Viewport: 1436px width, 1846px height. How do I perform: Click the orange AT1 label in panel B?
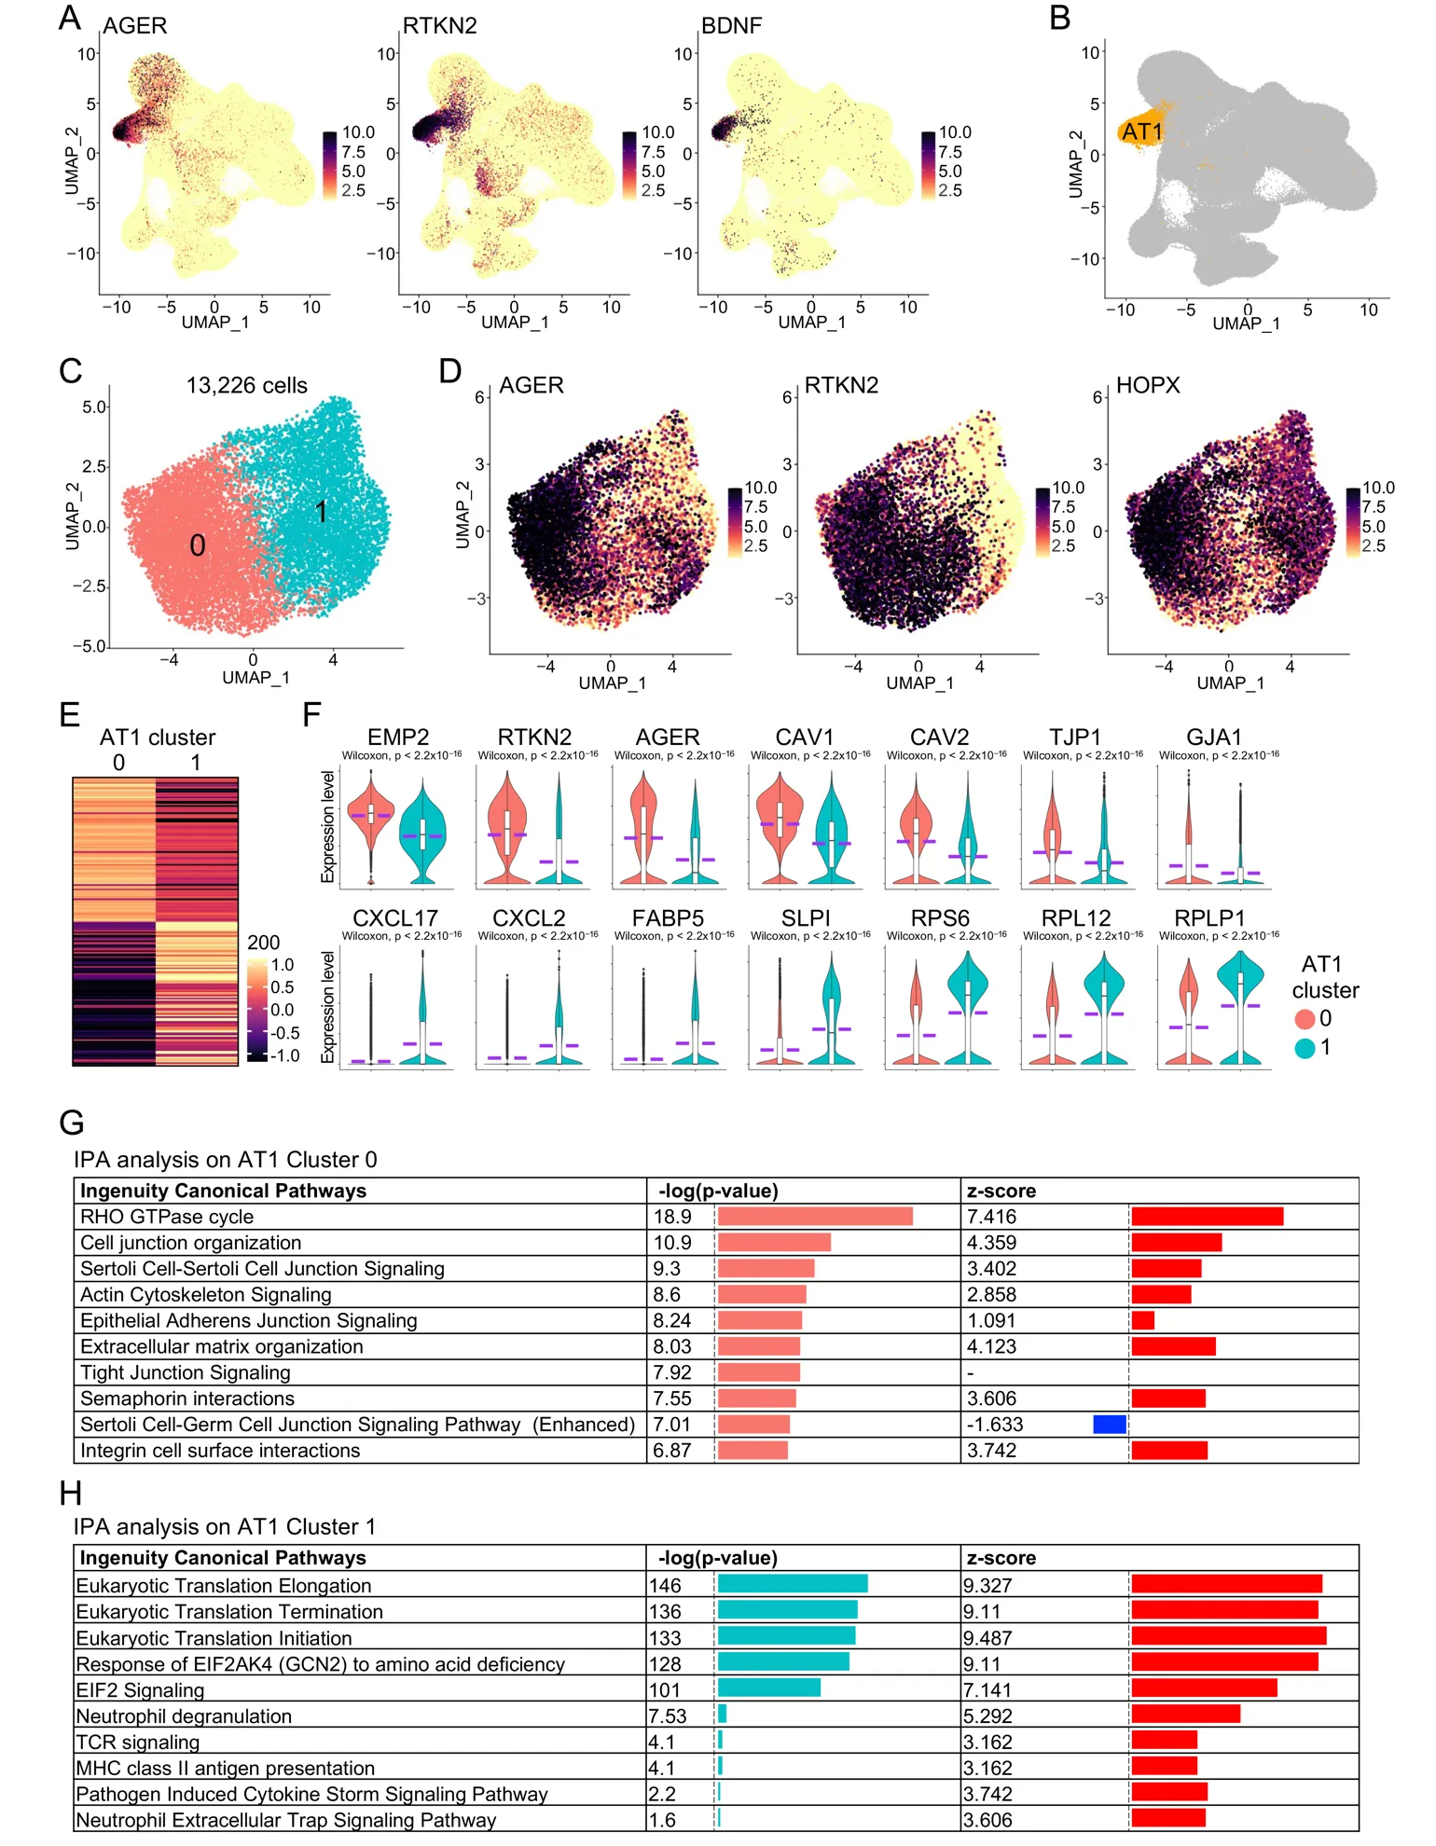click(x=1141, y=131)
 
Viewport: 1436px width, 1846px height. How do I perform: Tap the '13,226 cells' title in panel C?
click(x=246, y=385)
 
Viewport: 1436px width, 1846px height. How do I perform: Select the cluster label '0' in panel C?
click(x=197, y=545)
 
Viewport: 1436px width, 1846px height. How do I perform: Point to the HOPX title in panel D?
click(x=1147, y=385)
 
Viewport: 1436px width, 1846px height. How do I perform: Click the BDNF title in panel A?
click(x=731, y=26)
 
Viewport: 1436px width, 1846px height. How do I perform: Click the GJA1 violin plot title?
click(x=1213, y=737)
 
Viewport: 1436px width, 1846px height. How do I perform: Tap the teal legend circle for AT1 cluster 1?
click(x=1305, y=1048)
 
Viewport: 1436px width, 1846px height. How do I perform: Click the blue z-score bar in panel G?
click(x=1110, y=1424)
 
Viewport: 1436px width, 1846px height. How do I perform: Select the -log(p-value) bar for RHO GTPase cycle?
click(x=815, y=1217)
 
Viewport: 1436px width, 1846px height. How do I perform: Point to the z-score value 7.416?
click(x=991, y=1217)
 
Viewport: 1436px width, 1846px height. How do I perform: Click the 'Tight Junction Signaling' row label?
click(x=186, y=1372)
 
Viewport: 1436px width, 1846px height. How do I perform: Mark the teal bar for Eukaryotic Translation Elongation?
click(x=793, y=1584)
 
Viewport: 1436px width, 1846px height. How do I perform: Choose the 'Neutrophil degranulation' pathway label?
click(x=184, y=1716)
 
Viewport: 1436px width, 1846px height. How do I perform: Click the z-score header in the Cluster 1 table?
click(x=1001, y=1558)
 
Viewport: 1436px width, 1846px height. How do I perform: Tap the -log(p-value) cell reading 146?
click(x=666, y=1585)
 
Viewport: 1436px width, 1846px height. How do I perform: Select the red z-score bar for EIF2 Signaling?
click(x=1204, y=1688)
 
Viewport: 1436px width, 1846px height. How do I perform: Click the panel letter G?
click(x=72, y=1122)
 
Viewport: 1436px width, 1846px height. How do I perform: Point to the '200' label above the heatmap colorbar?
click(x=263, y=943)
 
